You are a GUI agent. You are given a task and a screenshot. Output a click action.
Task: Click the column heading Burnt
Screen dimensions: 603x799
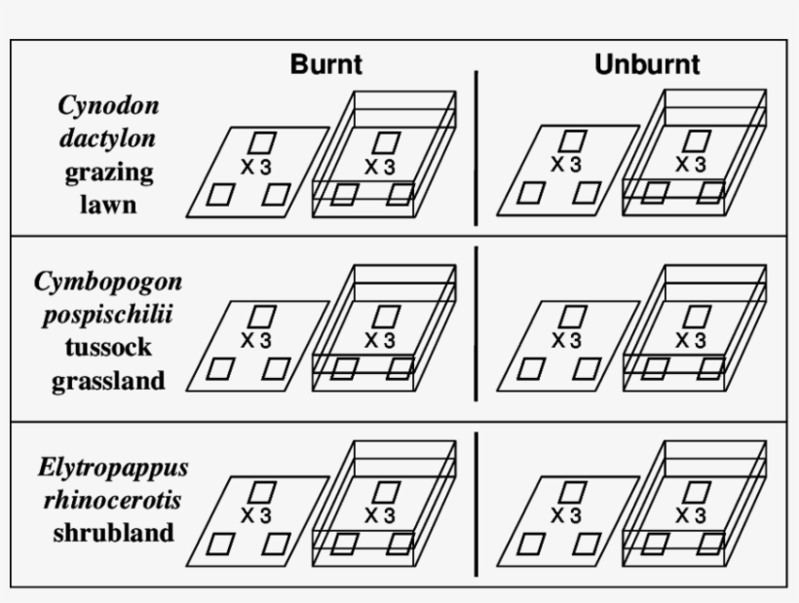pyautogui.click(x=325, y=65)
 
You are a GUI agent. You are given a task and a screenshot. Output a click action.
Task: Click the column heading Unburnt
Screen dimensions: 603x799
pyautogui.click(x=647, y=65)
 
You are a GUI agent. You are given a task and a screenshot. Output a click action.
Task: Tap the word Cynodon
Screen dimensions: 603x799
pyautogui.click(x=108, y=105)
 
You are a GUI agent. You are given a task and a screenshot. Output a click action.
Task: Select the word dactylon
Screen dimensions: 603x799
pyautogui.click(x=107, y=138)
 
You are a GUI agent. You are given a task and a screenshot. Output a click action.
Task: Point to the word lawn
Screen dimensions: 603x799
pyautogui.click(x=109, y=206)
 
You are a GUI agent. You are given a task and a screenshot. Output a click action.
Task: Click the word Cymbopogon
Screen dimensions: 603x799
pyautogui.click(x=108, y=283)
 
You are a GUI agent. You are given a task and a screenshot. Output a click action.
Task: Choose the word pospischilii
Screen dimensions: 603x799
pyautogui.click(x=108, y=316)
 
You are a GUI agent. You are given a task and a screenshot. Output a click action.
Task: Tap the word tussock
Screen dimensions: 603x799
pyautogui.click(x=108, y=348)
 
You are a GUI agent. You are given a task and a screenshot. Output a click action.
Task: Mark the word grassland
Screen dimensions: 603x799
pyautogui.click(x=108, y=381)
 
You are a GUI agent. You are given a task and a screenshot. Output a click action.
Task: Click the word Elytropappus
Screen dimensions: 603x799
pyautogui.click(x=113, y=467)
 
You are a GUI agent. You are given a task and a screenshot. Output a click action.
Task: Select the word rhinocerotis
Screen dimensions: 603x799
pyautogui.click(x=112, y=500)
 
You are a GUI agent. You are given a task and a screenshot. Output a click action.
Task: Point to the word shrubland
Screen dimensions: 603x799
pyautogui.click(x=114, y=533)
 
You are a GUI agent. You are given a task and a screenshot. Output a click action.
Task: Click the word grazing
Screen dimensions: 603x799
pyautogui.click(x=109, y=172)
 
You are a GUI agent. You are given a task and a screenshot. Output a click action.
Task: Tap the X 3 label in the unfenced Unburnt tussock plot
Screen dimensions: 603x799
pyautogui.click(x=565, y=340)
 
